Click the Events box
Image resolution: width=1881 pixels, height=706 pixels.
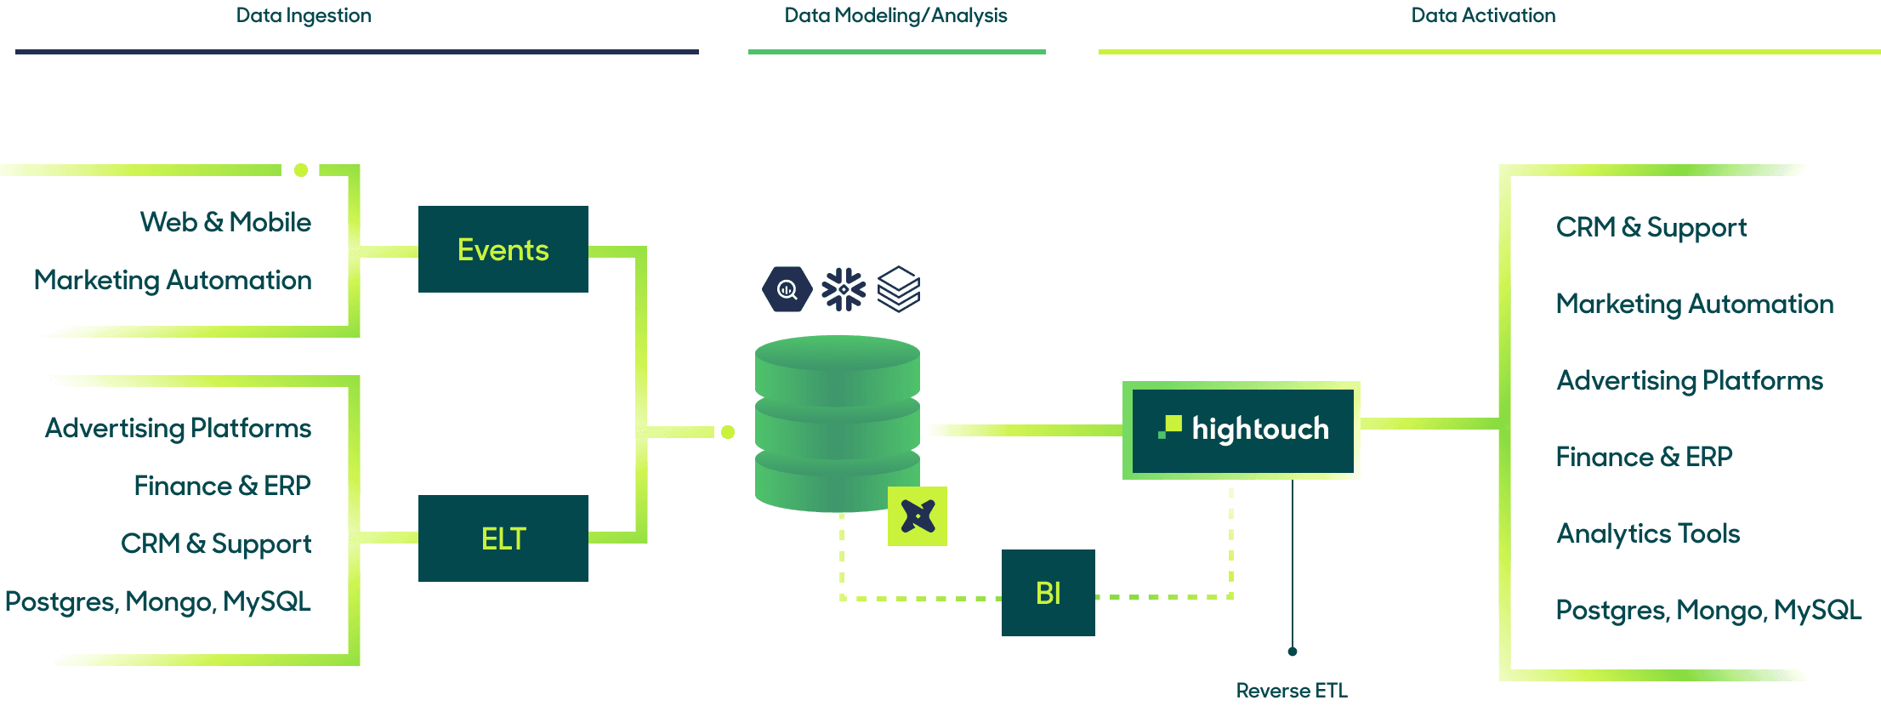[x=503, y=249]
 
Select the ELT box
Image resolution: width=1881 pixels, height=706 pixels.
[x=503, y=538]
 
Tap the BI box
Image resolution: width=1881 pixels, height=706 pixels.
[x=1048, y=593]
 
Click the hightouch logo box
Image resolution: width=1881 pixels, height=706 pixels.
[x=1242, y=430]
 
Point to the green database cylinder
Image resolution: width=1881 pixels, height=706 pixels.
[x=837, y=423]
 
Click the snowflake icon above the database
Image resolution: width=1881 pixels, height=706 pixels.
[x=844, y=290]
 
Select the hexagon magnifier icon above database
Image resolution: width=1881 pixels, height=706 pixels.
[x=787, y=290]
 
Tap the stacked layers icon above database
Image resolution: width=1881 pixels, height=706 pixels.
[x=899, y=290]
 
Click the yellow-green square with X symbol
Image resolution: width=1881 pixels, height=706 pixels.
[x=918, y=516]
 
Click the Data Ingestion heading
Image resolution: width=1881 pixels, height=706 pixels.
[x=304, y=15]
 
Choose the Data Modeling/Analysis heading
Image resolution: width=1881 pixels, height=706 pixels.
[x=895, y=15]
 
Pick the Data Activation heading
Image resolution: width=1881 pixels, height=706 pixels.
[x=1483, y=15]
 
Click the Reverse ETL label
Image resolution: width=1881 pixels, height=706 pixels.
[x=1292, y=691]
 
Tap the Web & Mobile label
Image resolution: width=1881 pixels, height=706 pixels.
[x=225, y=222]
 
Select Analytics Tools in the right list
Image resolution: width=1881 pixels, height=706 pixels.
[x=1648, y=533]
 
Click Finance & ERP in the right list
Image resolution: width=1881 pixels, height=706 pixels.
[x=1644, y=457]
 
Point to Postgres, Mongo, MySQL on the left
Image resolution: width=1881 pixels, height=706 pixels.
[x=158, y=601]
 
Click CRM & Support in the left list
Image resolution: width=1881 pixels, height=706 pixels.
[x=216, y=544]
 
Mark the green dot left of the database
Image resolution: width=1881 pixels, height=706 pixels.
[x=728, y=432]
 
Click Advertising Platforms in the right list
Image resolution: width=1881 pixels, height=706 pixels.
[x=1690, y=380]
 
